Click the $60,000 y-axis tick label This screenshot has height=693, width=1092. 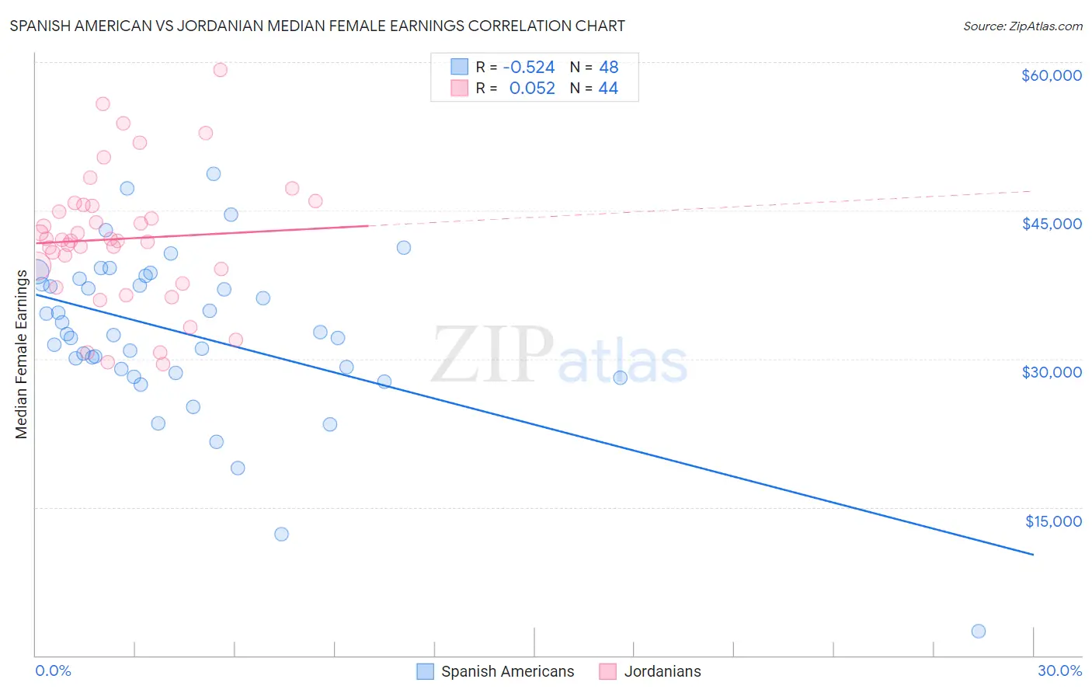pos(1051,75)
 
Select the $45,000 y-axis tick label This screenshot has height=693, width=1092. pos(1051,224)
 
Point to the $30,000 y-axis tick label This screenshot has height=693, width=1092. pos(1051,372)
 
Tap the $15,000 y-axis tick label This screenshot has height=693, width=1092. pos(1053,521)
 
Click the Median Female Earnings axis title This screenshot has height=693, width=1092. pos(22,354)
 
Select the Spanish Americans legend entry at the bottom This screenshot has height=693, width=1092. pos(507,672)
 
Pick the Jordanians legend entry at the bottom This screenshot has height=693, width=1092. pos(662,672)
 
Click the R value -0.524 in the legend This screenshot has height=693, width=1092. pos(529,68)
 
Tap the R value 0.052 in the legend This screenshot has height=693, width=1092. pos(532,89)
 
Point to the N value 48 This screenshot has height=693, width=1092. pos(608,68)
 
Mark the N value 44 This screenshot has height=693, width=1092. pos(608,89)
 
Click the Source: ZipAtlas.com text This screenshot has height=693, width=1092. pos(1022,26)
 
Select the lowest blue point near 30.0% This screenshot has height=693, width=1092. pos(979,632)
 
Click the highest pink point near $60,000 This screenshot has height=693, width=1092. pos(220,70)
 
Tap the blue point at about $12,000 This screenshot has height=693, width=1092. pos(281,535)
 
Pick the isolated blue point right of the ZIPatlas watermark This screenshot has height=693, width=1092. pos(620,378)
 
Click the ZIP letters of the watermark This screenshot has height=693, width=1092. pos(492,355)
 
